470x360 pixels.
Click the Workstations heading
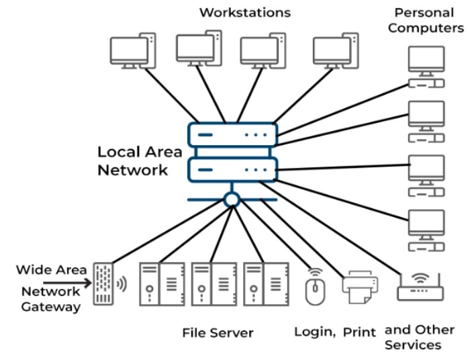[245, 12]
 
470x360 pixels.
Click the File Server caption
[218, 332]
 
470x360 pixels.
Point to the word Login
[314, 332]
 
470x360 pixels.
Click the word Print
[360, 332]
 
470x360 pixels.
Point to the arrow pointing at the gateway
[67, 283]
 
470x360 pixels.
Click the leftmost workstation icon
[132, 50]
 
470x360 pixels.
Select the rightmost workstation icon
[335, 51]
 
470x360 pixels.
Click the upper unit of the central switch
[232, 135]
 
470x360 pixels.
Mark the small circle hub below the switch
[232, 199]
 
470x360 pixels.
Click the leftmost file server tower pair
[162, 284]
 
